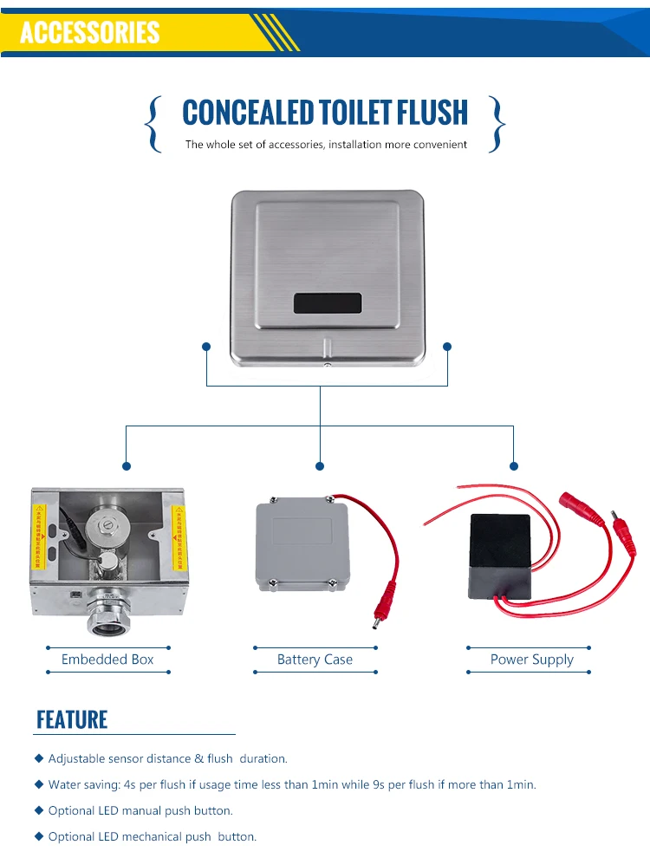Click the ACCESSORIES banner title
[90, 32]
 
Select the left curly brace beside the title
[154, 124]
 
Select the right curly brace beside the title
[497, 124]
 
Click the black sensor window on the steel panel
[327, 303]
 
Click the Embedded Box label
[107, 660]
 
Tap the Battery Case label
[315, 660]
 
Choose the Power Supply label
[531, 660]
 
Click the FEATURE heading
[72, 719]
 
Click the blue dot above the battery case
[320, 465]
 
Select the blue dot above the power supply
[513, 465]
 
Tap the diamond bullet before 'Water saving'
[39, 784]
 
